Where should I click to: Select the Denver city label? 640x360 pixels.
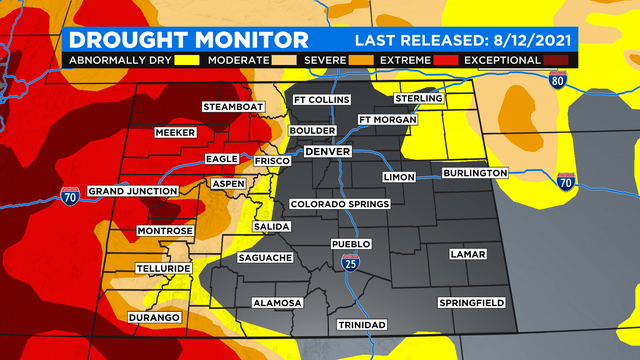coord(327,152)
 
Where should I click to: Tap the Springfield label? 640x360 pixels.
coord(471,302)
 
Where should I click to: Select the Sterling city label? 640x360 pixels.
coord(419,98)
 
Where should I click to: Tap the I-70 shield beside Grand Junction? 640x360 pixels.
coord(70,192)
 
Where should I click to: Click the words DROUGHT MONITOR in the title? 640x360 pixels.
coord(187,40)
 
